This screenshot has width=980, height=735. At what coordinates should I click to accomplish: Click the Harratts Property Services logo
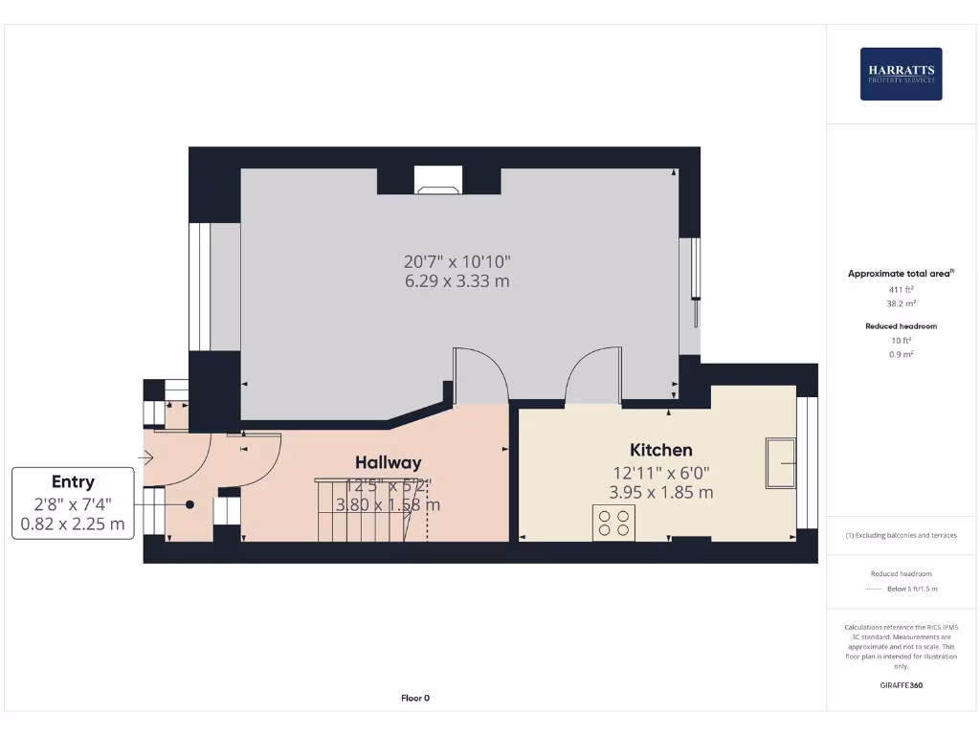[x=901, y=74]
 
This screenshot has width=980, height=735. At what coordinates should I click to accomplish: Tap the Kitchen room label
[x=660, y=450]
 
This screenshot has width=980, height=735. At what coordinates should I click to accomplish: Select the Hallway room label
[x=389, y=462]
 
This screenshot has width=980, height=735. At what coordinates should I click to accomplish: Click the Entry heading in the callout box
[x=73, y=481]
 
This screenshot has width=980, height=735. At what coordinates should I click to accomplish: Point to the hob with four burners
[x=613, y=523]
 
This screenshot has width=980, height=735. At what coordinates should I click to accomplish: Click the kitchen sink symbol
[x=781, y=463]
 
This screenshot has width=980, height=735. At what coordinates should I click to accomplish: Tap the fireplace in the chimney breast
[x=438, y=182]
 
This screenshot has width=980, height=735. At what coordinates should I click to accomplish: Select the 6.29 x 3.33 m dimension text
[x=456, y=281]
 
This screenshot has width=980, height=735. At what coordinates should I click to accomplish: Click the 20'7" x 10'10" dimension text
[x=456, y=260]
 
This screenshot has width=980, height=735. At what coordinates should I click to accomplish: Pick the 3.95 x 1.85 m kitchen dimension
[x=660, y=493]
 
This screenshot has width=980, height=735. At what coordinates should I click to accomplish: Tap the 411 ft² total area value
[x=902, y=288]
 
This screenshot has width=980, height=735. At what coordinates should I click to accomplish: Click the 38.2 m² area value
[x=902, y=302]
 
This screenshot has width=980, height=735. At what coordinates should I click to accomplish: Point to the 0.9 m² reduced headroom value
[x=902, y=354]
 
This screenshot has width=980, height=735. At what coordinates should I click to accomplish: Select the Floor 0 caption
[x=415, y=698]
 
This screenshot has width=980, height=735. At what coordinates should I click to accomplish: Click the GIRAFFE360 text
[x=902, y=685]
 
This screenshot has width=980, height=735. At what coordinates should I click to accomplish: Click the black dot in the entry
[x=189, y=504]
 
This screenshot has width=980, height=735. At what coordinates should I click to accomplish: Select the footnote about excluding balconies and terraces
[x=902, y=535]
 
